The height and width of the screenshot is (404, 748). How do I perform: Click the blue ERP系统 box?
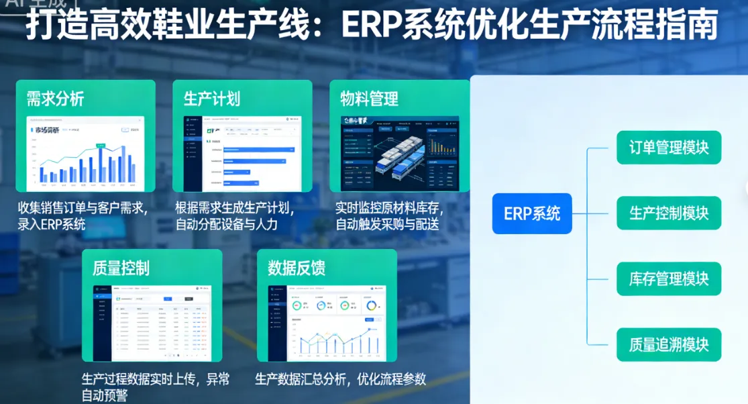[x=532, y=214]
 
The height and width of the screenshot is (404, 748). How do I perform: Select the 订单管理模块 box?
[x=669, y=147]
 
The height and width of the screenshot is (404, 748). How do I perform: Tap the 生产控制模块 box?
[x=669, y=213]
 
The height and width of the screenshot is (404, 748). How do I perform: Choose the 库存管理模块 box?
[x=669, y=279]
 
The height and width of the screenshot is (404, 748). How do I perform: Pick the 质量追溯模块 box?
[x=669, y=344]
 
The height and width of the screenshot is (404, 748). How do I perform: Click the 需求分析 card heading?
[x=55, y=99]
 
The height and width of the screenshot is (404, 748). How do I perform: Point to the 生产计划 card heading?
[x=212, y=99]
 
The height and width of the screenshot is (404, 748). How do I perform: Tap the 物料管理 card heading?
[x=369, y=99]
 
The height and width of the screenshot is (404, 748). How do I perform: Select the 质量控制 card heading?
[x=121, y=268]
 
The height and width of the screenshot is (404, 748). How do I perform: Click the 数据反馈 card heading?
[x=297, y=268]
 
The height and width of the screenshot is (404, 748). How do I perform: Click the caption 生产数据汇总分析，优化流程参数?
[x=340, y=379]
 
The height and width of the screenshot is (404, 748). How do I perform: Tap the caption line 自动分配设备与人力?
[x=226, y=224]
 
